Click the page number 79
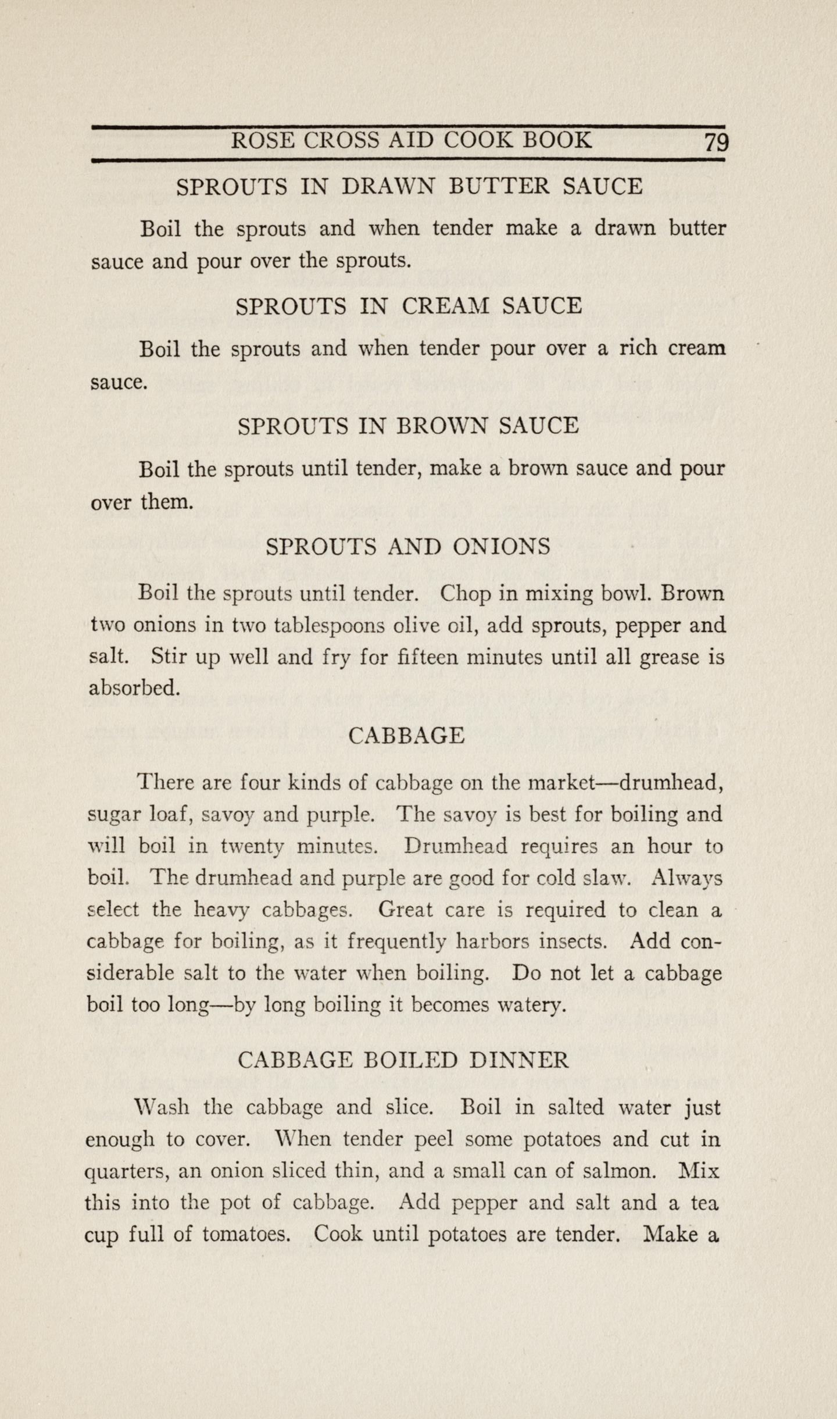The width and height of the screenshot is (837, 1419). pos(716,142)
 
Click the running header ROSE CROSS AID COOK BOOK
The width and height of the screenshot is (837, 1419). pos(412,140)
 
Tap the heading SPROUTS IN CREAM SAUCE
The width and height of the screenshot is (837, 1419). pos(409,306)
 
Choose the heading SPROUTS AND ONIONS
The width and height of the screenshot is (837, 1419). pos(408,546)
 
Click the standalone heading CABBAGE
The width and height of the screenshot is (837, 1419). pos(406,736)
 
